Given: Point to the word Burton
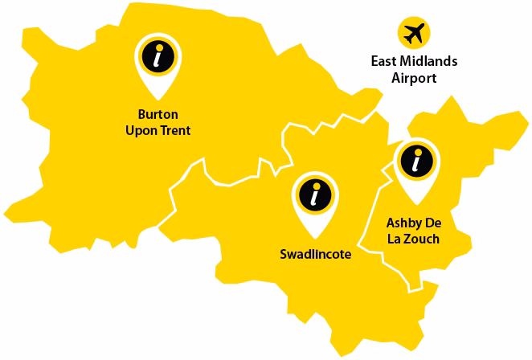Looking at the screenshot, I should pyautogui.click(x=158, y=114).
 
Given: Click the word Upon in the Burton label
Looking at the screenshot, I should pyautogui.click(x=143, y=129).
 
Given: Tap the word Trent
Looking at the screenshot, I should pyautogui.click(x=176, y=129).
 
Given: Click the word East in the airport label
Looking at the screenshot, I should pyautogui.click(x=384, y=61).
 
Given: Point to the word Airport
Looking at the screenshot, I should pyautogui.click(x=414, y=78).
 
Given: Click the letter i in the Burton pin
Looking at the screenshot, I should pyautogui.click(x=158, y=55).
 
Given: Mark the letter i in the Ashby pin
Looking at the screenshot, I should pyautogui.click(x=415, y=161).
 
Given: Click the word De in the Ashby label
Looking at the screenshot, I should pyautogui.click(x=436, y=223).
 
